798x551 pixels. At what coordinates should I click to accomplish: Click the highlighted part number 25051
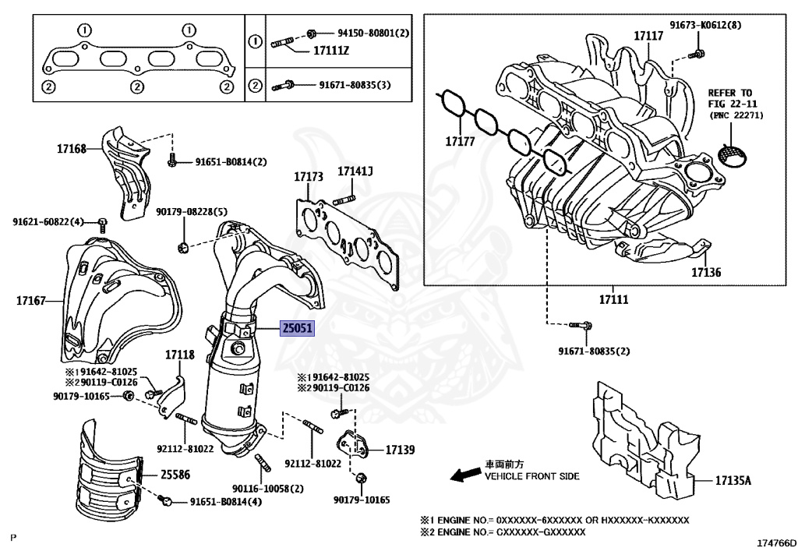297,329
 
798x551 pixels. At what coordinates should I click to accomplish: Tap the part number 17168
71,147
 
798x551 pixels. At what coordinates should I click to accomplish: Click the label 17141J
355,171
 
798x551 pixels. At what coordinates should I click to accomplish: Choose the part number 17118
178,355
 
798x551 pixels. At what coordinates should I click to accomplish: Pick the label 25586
175,474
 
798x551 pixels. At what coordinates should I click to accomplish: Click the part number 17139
399,450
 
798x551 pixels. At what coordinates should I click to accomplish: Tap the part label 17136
705,274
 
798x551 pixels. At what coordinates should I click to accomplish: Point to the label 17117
648,36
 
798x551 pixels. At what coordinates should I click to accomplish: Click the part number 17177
461,142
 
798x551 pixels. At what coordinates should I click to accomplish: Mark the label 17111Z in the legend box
332,51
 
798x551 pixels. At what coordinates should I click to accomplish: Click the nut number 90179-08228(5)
181,212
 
